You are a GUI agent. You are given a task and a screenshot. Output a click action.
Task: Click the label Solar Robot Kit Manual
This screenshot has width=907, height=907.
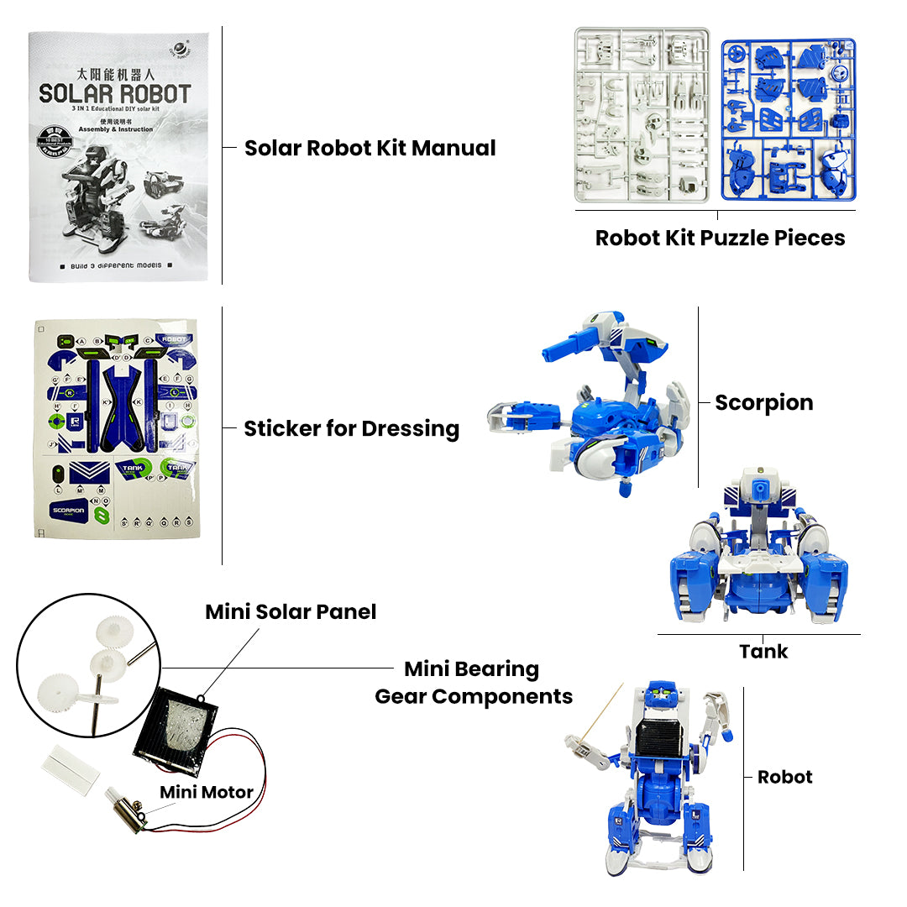(x=370, y=149)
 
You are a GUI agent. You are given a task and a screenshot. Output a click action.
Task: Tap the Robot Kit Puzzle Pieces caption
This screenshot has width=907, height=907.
(x=720, y=238)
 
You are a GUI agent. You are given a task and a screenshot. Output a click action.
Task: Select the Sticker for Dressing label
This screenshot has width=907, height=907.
(x=351, y=429)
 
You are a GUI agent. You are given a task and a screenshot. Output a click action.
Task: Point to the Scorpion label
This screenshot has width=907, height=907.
(x=763, y=403)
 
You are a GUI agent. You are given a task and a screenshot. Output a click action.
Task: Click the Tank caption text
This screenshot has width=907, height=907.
(x=763, y=651)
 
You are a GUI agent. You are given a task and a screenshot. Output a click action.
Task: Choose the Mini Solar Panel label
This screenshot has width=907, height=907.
(x=291, y=612)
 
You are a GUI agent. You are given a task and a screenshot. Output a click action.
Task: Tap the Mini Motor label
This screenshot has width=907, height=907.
(x=207, y=792)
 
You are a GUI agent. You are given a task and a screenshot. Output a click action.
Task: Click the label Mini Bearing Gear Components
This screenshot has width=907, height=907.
(x=473, y=683)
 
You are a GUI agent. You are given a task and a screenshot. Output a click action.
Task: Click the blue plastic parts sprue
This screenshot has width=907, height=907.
(x=788, y=118)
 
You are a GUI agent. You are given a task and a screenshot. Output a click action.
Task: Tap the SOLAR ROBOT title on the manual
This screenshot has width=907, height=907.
(x=115, y=94)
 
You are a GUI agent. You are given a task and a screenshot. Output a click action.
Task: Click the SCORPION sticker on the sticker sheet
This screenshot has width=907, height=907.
(x=70, y=510)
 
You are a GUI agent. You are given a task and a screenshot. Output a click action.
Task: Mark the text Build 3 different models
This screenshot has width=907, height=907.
(x=116, y=265)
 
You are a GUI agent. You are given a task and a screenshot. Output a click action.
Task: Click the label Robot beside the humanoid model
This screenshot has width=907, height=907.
(x=784, y=777)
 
